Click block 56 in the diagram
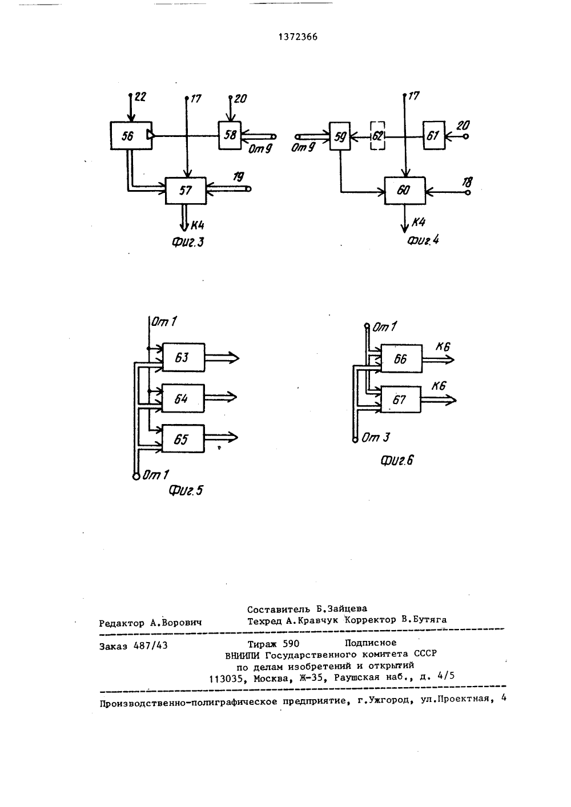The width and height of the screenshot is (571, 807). tap(131, 135)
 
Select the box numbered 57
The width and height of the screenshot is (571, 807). tap(186, 191)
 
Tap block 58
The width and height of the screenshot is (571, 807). tap(230, 135)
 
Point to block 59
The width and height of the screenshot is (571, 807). tap(340, 136)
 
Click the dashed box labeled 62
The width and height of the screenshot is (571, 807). tap(377, 136)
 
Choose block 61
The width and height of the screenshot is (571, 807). tap(434, 135)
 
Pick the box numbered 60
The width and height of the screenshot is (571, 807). tap(405, 191)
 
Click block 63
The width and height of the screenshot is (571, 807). tap(183, 357)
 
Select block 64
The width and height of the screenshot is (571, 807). tap(183, 398)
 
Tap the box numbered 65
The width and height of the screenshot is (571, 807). tap(183, 439)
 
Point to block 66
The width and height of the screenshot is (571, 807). tap(401, 359)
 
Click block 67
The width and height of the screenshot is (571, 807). tap(400, 400)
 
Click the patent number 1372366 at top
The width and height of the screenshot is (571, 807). tap(298, 37)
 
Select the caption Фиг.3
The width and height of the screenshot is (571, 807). tap(187, 242)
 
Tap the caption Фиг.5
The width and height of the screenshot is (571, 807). tap(186, 490)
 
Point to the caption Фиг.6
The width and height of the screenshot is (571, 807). tap(397, 461)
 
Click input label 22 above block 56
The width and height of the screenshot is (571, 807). tap(140, 96)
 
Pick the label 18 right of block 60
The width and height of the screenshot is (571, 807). tap(467, 182)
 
